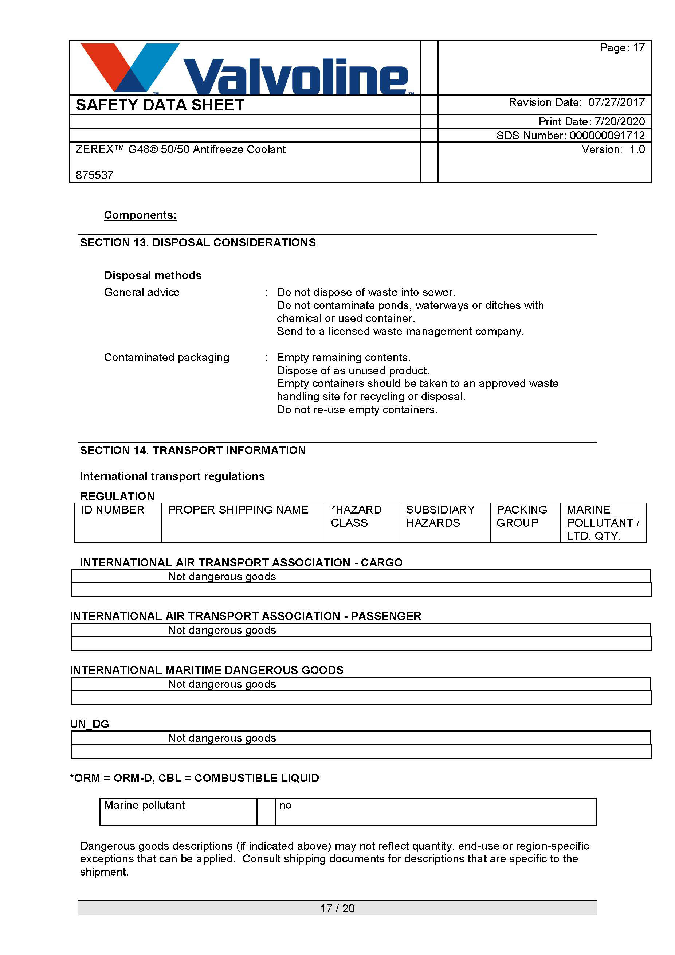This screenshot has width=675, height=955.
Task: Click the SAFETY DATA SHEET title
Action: [160, 105]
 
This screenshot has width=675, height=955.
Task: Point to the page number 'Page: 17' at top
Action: [622, 48]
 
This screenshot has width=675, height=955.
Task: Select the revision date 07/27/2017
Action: [616, 102]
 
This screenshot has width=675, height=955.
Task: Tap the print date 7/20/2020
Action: [619, 121]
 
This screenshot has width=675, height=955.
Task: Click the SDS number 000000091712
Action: [607, 135]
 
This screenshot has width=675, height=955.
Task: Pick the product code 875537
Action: [94, 175]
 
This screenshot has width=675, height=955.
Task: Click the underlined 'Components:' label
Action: [141, 215]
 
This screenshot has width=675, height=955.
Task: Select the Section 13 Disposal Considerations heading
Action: [198, 242]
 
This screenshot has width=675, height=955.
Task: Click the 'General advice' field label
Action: [142, 292]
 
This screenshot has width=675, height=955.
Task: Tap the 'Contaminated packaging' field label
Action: [167, 358]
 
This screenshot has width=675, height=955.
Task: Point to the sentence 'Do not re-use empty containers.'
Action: [357, 410]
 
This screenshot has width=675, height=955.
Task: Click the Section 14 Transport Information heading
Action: [193, 451]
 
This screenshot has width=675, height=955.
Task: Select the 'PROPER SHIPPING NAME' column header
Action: [238, 510]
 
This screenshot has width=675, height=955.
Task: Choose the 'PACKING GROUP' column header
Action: [522, 516]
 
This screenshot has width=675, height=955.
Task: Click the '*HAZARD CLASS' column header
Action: [356, 516]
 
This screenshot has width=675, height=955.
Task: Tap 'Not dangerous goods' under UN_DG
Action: [222, 738]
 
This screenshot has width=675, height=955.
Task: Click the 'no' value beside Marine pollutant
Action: [285, 805]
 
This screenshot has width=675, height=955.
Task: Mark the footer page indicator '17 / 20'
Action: [337, 908]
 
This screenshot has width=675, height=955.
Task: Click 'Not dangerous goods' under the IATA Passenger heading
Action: [222, 631]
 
